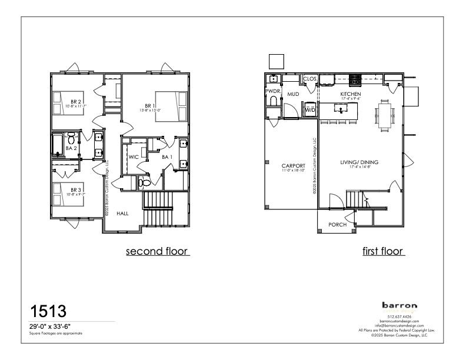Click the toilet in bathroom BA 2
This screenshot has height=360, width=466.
[x=71, y=139]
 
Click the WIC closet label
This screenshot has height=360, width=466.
[x=133, y=157]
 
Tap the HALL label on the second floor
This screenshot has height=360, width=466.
[x=122, y=214]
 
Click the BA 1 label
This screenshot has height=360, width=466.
[x=167, y=157]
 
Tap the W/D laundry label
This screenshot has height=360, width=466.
[x=310, y=110]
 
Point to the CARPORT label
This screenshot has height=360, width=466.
[x=293, y=166]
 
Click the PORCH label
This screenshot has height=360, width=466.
[x=337, y=225]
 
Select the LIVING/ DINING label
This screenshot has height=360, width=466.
[x=360, y=162]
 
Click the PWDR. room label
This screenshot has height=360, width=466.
[x=273, y=92]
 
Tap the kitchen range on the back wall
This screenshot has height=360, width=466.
[x=355, y=80]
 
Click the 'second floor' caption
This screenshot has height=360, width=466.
[x=157, y=252]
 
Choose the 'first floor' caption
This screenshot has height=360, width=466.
[x=382, y=252]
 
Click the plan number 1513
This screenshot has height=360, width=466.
[x=48, y=311]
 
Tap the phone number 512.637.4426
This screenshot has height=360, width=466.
[x=400, y=316]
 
